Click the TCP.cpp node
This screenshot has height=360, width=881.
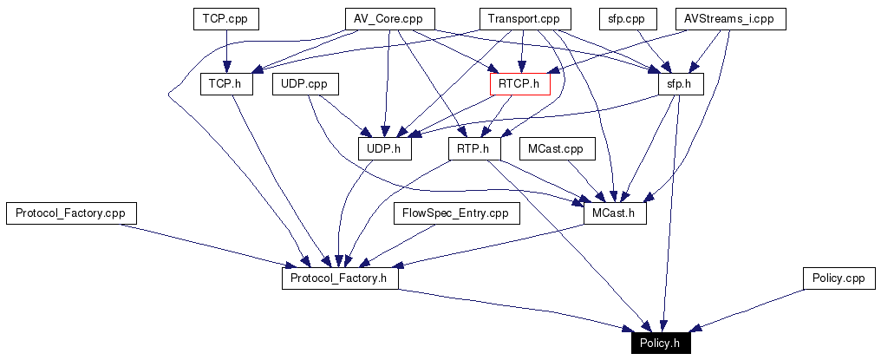[x=225, y=19]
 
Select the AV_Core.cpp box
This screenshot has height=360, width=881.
[x=388, y=19]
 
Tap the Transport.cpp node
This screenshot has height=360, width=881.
[x=524, y=19]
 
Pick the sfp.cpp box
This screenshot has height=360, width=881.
[x=623, y=19]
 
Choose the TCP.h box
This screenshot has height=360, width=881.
[x=225, y=84]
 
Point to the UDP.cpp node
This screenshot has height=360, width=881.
[x=304, y=84]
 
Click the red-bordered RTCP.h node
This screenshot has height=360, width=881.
[x=520, y=84]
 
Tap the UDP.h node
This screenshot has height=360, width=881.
[x=384, y=149]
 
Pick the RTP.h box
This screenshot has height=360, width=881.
[x=474, y=149]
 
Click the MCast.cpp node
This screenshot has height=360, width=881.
[x=557, y=149]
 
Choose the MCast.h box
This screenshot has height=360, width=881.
[x=615, y=213]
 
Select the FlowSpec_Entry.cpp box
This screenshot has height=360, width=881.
[x=456, y=213]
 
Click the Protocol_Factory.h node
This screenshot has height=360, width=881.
[x=340, y=278]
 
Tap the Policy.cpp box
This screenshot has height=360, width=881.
[x=839, y=278]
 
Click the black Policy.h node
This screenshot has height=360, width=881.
[x=661, y=344]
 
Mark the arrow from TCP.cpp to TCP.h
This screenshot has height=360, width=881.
[x=225, y=51]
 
